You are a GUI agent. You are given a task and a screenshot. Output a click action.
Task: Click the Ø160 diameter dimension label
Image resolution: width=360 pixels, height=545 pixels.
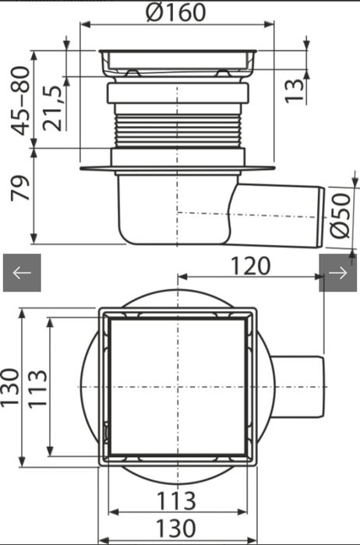click(x=175, y=13)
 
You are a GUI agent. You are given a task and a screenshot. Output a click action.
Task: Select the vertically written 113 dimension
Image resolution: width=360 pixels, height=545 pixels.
click(x=37, y=388)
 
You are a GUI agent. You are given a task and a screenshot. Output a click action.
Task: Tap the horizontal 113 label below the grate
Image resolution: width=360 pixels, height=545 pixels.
click(x=178, y=500)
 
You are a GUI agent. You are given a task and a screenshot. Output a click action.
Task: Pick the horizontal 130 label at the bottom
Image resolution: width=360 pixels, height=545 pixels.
click(x=178, y=528)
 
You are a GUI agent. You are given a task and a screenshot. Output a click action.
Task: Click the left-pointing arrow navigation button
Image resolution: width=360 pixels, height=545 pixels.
click(x=22, y=273)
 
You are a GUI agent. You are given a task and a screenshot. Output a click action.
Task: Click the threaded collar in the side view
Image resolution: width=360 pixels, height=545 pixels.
click(x=178, y=128)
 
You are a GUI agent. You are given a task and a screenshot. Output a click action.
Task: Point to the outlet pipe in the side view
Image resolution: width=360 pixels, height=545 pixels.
click(x=281, y=211)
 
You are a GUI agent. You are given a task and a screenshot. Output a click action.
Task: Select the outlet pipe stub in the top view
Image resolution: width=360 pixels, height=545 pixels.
click(x=300, y=388)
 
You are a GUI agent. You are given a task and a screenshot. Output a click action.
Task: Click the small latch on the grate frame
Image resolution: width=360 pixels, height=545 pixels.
click(x=106, y=429)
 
